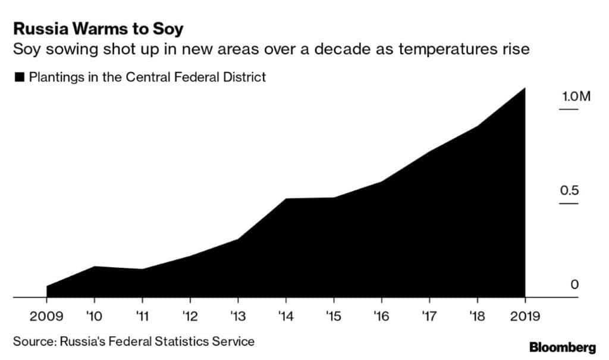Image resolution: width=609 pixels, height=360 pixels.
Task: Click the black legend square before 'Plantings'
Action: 19,77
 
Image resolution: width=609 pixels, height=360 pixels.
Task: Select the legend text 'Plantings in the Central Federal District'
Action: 147,77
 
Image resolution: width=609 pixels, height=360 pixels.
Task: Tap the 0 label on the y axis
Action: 574,285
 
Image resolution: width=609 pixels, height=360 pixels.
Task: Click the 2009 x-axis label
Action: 46,315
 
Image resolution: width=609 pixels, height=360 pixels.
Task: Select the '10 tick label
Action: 95,315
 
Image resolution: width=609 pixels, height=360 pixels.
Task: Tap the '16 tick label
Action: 381,315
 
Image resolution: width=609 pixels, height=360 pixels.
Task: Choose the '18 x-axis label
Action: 476,315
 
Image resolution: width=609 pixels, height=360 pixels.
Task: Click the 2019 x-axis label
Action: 524,315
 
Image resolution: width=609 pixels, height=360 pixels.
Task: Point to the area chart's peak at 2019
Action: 525,88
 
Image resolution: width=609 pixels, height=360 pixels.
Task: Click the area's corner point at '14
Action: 285,199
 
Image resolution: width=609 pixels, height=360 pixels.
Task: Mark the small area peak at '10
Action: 95,266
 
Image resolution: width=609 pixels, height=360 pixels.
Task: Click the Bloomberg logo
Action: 562,347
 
